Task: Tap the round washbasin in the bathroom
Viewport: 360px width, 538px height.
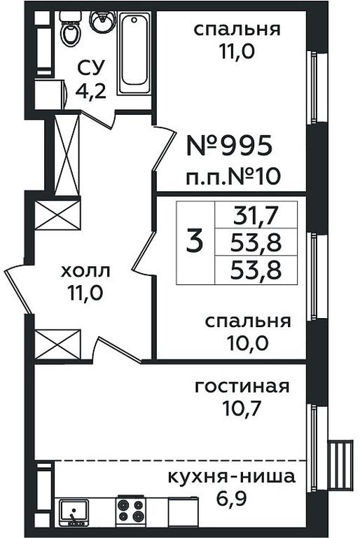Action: pyautogui.click(x=103, y=22)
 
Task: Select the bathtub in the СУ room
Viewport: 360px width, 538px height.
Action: pyautogui.click(x=134, y=53)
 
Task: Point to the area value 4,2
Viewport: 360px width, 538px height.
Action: pyautogui.click(x=90, y=91)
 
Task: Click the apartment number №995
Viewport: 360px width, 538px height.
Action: pyautogui.click(x=230, y=145)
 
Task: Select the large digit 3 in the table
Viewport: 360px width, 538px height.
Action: pyautogui.click(x=195, y=242)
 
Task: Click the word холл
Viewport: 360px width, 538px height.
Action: pyautogui.click(x=85, y=271)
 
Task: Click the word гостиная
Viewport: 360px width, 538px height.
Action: pyautogui.click(x=242, y=387)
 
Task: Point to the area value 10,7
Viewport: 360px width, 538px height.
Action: pyautogui.click(x=242, y=408)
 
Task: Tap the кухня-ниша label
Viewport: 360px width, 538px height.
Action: pyautogui.click(x=232, y=477)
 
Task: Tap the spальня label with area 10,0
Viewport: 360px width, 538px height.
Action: pyautogui.click(x=248, y=322)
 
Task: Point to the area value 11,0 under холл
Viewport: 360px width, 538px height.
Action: pyautogui.click(x=85, y=293)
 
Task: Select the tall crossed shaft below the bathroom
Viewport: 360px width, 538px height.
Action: pyautogui.click(x=67, y=155)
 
